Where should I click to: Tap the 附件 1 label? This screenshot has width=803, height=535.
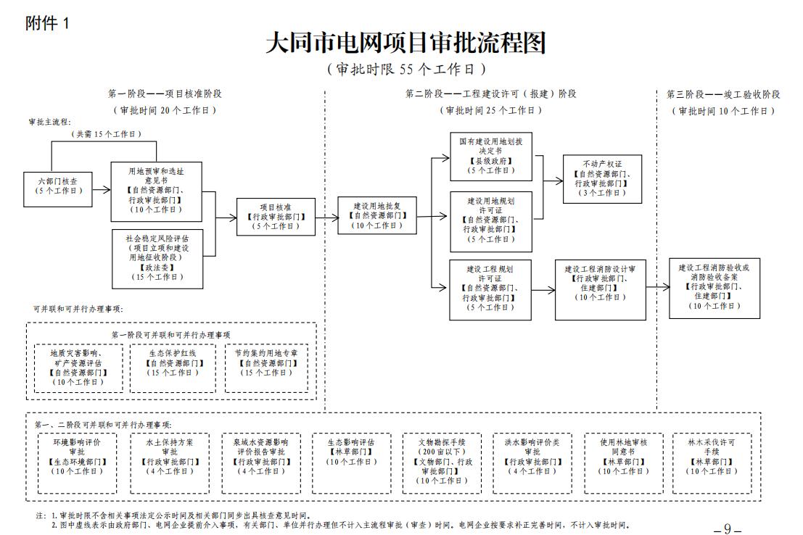click(x=46, y=22)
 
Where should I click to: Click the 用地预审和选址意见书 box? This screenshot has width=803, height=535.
click(x=156, y=191)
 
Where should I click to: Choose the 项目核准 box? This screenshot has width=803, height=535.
click(x=276, y=216)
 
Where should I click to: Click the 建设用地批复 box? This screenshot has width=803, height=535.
click(x=376, y=215)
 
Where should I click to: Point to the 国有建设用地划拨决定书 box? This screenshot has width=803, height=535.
click(x=490, y=157)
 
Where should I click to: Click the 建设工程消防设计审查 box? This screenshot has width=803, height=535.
click(x=600, y=289)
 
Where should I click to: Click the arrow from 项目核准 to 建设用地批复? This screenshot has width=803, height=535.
click(x=326, y=216)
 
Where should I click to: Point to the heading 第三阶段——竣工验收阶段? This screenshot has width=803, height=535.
click(x=722, y=94)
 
